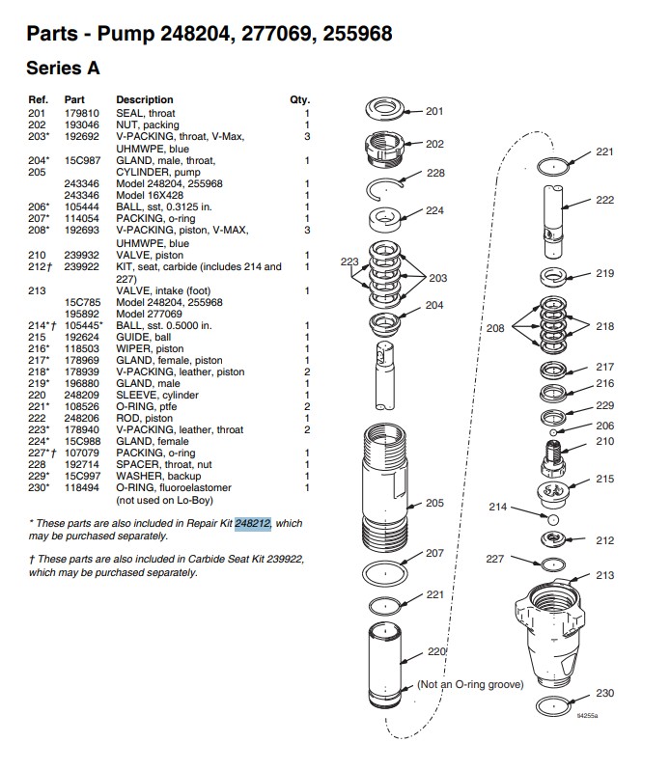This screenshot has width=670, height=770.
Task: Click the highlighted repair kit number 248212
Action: point(253,523)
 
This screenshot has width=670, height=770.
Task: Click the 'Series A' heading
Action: point(63,69)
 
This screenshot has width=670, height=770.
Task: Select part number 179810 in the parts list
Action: point(79,112)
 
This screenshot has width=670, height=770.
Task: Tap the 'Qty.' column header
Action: point(299,99)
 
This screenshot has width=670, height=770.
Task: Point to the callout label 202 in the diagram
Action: point(435,144)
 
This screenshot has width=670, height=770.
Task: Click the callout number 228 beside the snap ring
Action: point(435,174)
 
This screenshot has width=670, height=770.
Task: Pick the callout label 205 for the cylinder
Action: point(434,503)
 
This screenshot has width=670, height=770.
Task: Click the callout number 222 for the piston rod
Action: point(604,200)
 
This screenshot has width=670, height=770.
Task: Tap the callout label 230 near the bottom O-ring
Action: point(604,694)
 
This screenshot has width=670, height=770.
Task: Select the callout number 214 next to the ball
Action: point(498,507)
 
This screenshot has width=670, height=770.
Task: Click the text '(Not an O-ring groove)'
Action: point(469,684)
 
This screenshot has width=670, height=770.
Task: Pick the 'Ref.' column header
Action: point(39,99)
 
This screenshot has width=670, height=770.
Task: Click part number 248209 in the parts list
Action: point(79,395)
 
